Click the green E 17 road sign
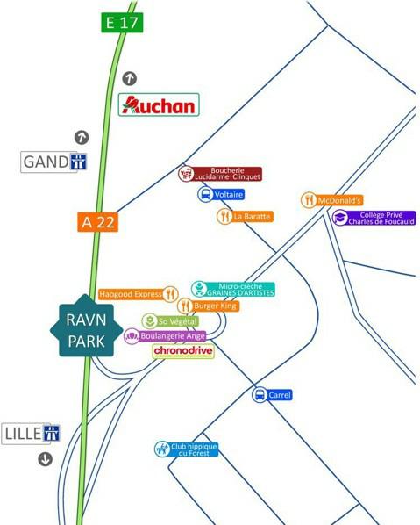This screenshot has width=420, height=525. pos(122,22)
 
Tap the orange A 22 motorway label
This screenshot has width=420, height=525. pos(98,222)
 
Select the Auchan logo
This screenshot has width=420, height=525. pos(159,105)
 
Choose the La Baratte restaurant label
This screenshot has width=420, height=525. pos(246,216)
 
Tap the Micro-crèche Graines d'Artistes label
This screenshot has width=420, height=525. pos(233,289)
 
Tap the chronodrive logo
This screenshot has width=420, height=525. pos(183,351)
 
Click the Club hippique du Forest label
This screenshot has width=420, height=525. pos(186,449)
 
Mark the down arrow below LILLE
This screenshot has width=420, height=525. pos(45,459)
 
